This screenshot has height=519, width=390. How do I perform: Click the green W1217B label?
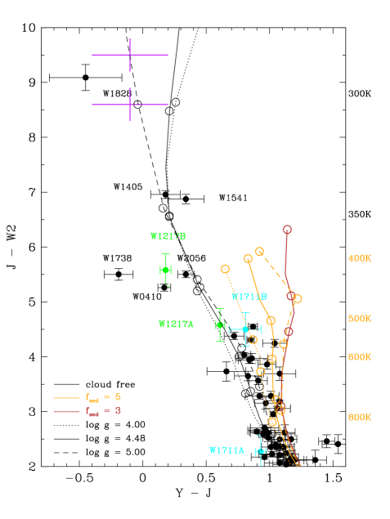[x=168, y=236]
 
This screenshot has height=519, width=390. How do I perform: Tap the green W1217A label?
[x=176, y=324]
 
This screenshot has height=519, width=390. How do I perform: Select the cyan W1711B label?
[x=249, y=297]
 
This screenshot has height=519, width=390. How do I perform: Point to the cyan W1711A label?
[x=226, y=450]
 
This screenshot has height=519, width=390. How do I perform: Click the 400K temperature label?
[x=359, y=258]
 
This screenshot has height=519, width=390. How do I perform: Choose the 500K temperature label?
[x=359, y=319]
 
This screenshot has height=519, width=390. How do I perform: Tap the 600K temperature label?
[x=359, y=357]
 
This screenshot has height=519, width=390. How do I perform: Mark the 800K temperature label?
[x=359, y=418]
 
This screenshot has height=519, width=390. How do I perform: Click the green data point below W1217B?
[x=166, y=270]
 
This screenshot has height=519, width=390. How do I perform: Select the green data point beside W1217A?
[x=219, y=325]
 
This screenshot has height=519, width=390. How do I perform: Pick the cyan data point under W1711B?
[x=245, y=329]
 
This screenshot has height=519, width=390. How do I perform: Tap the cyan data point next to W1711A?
[x=261, y=451]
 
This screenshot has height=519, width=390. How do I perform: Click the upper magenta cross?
[x=129, y=55]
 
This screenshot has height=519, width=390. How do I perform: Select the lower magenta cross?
[x=129, y=105]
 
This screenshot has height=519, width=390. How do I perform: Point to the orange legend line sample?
[x=66, y=398]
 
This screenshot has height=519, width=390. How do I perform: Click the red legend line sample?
[x=66, y=411]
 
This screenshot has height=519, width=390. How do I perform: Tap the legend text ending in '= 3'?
[x=104, y=411]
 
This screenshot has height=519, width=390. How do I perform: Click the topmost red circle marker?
[x=287, y=230]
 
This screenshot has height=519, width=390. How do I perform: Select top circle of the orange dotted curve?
[x=225, y=269]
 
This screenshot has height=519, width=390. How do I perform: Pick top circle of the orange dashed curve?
[x=259, y=252]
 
